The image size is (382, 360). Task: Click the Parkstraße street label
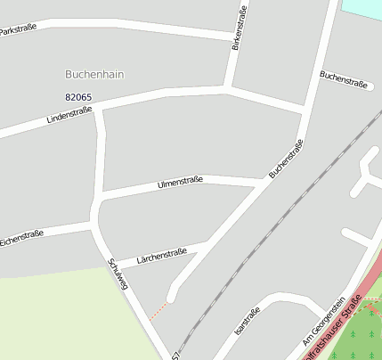pos(18,29)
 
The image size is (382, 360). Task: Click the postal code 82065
pos(78,96)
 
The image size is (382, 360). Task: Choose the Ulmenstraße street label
pos(180,183)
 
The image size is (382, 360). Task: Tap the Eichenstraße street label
pos(22,237)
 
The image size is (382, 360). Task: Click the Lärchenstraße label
pos(161,257)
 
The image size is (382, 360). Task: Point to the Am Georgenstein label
pos(323,320)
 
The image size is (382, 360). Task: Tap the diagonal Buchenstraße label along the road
pos(286,158)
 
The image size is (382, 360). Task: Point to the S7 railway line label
pos(176,354)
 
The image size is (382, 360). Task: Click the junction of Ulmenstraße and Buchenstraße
pos(264,182)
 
